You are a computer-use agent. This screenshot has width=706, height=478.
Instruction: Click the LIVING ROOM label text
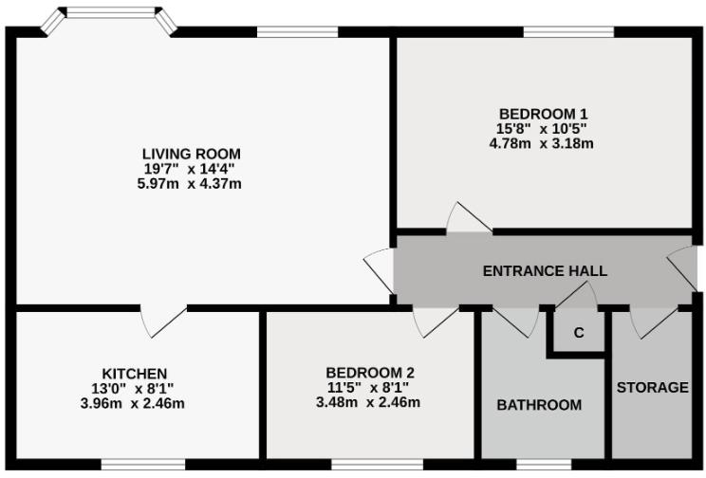pos(191,154)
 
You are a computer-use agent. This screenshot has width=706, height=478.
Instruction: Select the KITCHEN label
pos(135,373)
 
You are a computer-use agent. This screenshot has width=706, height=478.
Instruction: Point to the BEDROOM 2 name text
pos(369,373)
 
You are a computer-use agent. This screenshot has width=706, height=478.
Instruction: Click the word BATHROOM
pos(539,405)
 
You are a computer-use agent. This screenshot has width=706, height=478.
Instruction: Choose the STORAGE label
pos(652,388)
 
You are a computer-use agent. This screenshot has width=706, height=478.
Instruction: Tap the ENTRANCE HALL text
pos(545,271)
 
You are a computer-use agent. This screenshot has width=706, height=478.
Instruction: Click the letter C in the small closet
pos(578,334)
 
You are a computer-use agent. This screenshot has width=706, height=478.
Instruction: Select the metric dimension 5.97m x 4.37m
pos(191,183)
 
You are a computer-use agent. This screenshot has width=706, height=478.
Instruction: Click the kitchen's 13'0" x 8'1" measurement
pos(135,388)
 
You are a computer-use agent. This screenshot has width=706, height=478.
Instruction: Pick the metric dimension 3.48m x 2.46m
pos(369,402)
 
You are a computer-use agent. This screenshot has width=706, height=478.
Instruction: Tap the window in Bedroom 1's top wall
pos(567,32)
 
